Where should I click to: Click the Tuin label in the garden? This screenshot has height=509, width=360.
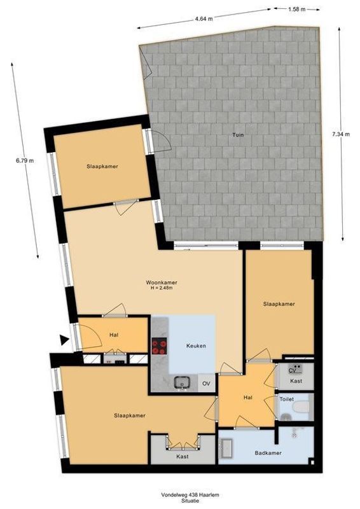pyautogui.click(x=239, y=135)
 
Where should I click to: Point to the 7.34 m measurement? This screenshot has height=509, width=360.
pyautogui.click(x=342, y=134)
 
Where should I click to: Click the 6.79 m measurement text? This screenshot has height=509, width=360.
pyautogui.click(x=25, y=161)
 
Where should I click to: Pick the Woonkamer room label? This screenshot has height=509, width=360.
pyautogui.click(x=161, y=282)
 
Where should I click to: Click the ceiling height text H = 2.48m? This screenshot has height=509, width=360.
pyautogui.click(x=162, y=288)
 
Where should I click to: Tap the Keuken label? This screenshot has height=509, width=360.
pyautogui.click(x=195, y=345)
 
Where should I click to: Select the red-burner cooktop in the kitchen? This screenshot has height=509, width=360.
pyautogui.click(x=159, y=346)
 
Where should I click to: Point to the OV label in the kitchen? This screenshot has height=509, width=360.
pyautogui.click(x=205, y=384)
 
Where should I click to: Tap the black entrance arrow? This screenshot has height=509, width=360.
pyautogui.click(x=64, y=340)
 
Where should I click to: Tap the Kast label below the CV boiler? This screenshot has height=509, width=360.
pyautogui.click(x=296, y=380)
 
